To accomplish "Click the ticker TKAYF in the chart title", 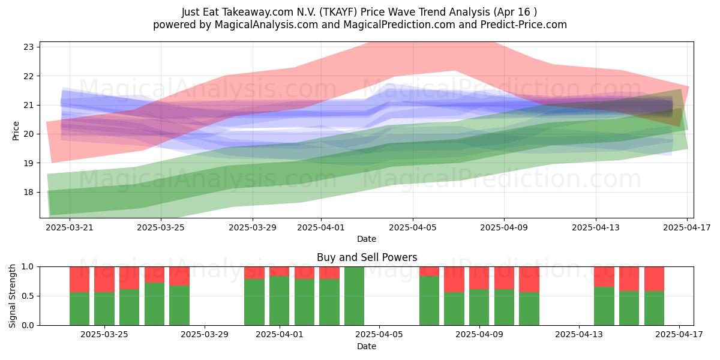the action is [339, 12].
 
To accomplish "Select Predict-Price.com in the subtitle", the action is [524, 25].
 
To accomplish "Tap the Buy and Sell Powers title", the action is [367, 257].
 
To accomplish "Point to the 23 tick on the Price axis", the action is [28, 47].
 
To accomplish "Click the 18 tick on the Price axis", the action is [28, 192].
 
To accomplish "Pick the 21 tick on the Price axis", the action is [28, 105].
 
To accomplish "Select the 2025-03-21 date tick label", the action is [70, 227].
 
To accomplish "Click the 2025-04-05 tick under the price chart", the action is [413, 227].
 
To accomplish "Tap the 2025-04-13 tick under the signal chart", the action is [579, 334].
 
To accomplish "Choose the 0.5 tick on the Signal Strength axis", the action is [28, 296].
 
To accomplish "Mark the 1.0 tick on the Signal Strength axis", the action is [28, 267].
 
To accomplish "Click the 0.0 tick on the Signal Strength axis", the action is [28, 325].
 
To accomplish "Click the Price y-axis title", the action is [16, 131].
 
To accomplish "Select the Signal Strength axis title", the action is [12, 296].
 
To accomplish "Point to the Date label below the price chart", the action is [367, 239].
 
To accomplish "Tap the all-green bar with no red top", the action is [354, 296].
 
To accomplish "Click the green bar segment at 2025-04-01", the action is [280, 301].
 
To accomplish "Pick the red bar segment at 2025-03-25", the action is [104, 280].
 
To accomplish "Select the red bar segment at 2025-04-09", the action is [479, 278].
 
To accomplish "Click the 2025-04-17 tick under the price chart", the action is [687, 227].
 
